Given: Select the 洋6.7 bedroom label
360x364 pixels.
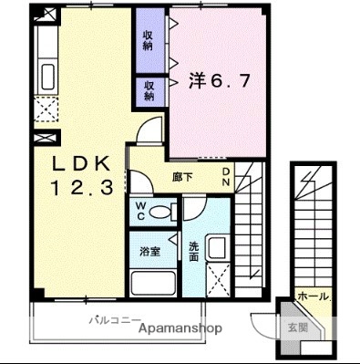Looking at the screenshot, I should [219, 81].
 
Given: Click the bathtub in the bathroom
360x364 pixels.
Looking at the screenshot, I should [153, 282].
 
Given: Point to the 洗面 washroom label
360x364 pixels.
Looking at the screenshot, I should [194, 251].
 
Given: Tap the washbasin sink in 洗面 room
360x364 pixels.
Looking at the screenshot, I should [218, 247].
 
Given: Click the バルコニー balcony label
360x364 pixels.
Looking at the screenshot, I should [115, 320].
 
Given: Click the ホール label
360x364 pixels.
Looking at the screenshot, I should [313, 297].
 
